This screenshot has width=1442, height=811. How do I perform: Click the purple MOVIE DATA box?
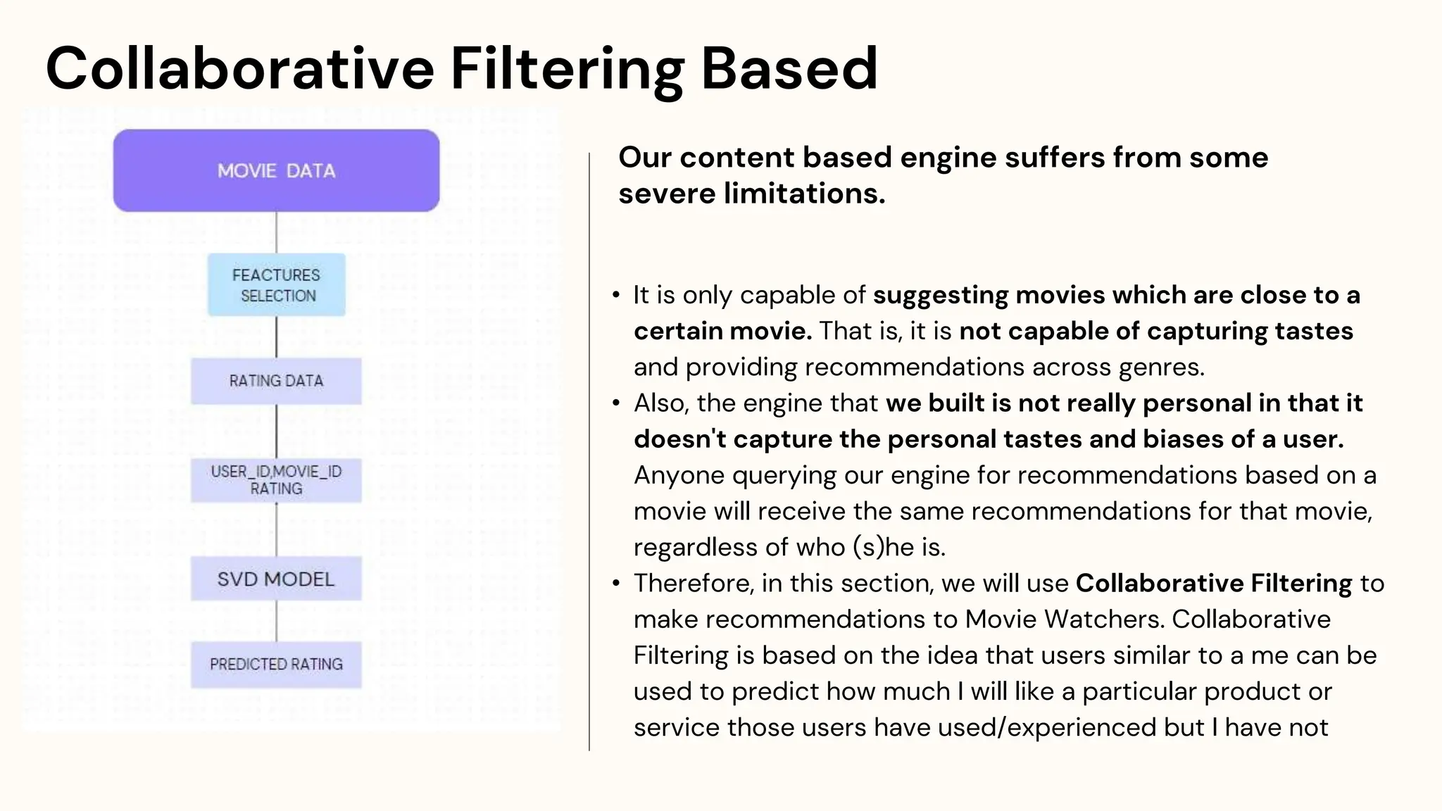(x=276, y=170)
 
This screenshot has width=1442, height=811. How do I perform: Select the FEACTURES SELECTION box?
(x=276, y=284)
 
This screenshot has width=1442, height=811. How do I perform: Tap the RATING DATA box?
(x=276, y=381)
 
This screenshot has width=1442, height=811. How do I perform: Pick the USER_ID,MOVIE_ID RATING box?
(x=276, y=480)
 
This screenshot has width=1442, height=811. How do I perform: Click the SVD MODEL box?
(x=276, y=579)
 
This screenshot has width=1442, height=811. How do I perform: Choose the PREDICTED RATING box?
(x=276, y=664)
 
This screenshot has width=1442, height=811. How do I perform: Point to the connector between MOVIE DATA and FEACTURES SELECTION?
(x=276, y=232)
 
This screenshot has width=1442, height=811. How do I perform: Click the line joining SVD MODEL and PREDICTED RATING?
(x=276, y=621)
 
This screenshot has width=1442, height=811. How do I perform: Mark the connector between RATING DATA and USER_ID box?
(x=276, y=431)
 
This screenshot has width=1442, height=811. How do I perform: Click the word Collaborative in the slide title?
(x=240, y=68)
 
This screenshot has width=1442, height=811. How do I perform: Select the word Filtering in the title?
(x=567, y=68)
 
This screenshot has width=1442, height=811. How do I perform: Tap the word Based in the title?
(x=789, y=68)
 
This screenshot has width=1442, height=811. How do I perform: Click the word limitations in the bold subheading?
(x=804, y=194)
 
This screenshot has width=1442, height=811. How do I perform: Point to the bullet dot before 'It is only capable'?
(x=616, y=296)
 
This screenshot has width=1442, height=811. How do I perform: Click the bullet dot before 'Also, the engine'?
(x=616, y=403)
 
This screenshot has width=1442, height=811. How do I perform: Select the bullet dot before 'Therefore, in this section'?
(x=616, y=584)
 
